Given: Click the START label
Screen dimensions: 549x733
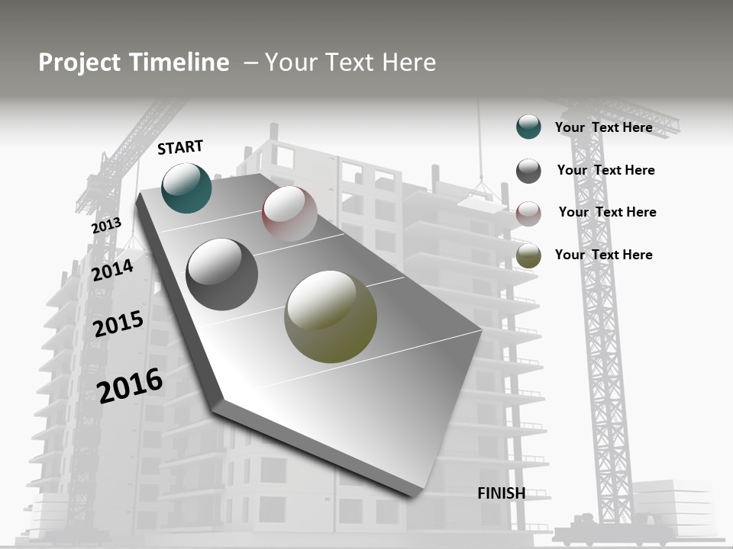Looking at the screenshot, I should click(180, 147).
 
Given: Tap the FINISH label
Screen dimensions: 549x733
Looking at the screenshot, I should click(502, 493).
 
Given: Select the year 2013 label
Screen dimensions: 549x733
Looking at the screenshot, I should click(106, 226).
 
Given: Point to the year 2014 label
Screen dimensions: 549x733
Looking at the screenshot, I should click(113, 270).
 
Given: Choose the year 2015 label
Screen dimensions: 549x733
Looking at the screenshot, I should click(118, 324).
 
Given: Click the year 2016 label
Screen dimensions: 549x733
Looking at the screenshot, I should click(131, 385).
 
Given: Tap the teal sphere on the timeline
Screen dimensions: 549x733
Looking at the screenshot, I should click(186, 188).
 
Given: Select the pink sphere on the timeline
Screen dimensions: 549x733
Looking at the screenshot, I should click(289, 213).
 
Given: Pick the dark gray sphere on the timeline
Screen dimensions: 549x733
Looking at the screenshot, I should click(221, 274).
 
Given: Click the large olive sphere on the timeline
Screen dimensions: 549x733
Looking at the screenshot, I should click(331, 316).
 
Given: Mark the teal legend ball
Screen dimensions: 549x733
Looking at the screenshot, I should click(528, 127).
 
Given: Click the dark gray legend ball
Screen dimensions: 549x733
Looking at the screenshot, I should click(528, 171).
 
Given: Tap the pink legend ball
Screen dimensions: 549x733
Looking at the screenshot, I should click(528, 213).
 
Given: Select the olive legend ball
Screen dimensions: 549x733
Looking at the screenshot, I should click(528, 255).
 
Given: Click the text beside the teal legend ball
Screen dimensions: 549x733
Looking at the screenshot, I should click(603, 127).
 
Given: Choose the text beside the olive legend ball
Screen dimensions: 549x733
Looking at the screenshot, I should click(603, 255).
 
